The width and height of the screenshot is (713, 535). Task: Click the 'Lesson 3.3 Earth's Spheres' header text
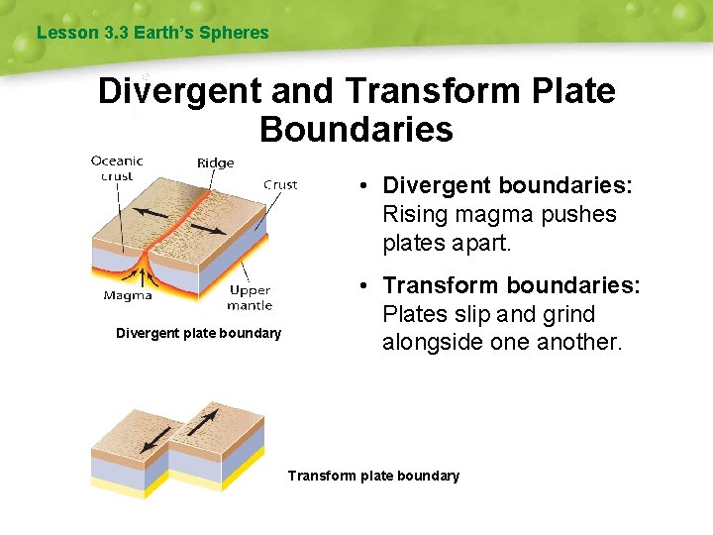coord(153,33)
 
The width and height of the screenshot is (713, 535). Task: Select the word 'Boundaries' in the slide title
coord(356,129)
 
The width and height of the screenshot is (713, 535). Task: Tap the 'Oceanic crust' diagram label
coord(117,168)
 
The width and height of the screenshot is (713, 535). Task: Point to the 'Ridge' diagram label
coord(215,163)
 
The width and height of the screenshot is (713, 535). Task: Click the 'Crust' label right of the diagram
coord(280,184)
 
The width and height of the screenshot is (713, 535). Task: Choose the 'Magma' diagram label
coord(128,295)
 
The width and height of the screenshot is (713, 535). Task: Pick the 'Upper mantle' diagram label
coord(250,298)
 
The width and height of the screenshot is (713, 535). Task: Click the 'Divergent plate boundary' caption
coord(198,333)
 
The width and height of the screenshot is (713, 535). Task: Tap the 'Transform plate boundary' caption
coord(373,476)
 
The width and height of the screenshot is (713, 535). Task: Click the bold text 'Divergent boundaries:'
coord(507,186)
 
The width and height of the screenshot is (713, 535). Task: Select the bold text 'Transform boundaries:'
coord(512,285)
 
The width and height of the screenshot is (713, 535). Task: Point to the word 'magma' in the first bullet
coord(487,214)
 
